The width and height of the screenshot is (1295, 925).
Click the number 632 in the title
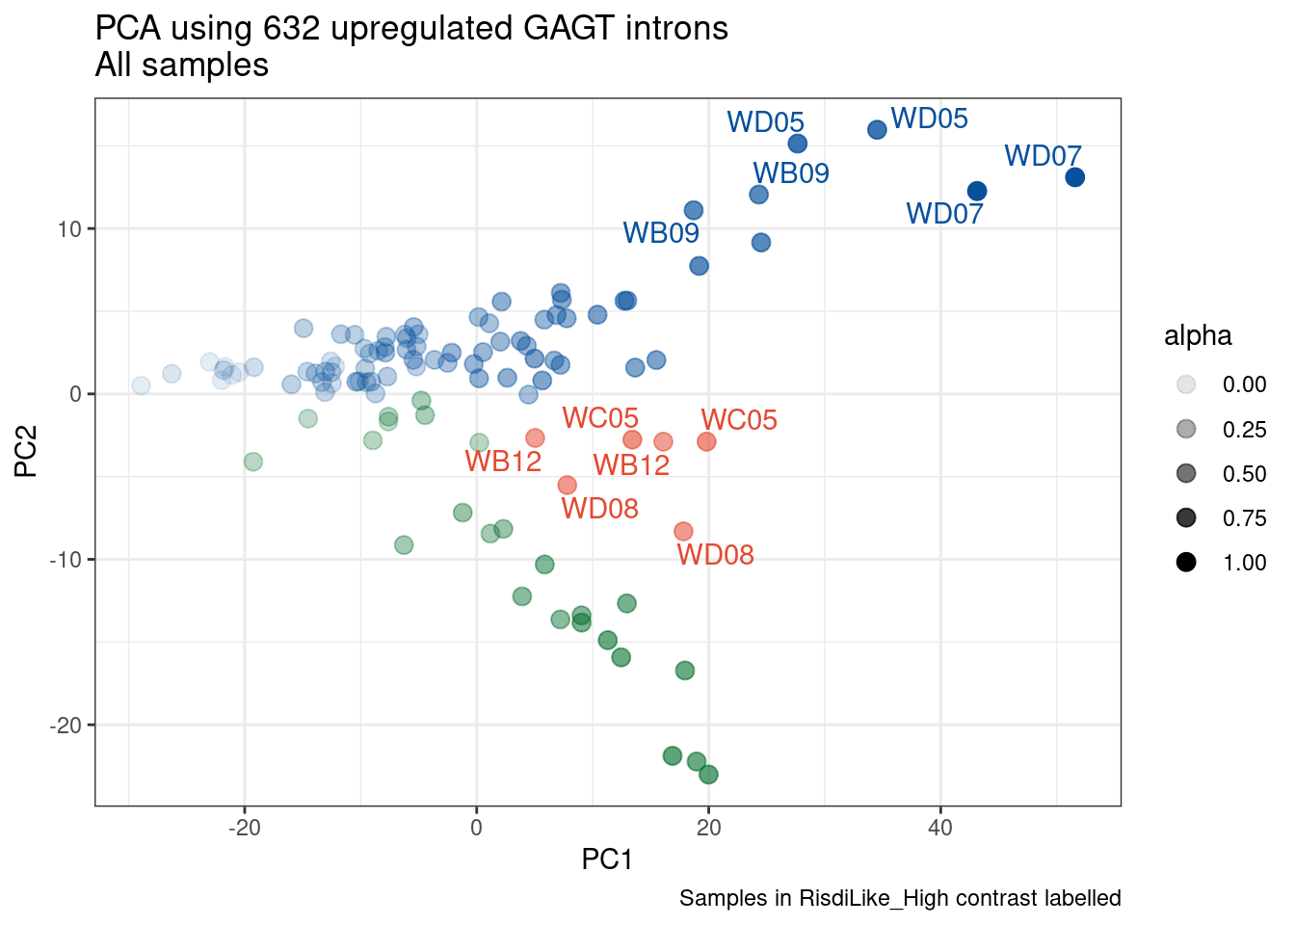point(291,28)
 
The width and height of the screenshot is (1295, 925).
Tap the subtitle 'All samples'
point(181,66)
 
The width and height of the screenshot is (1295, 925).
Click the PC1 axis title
point(607,859)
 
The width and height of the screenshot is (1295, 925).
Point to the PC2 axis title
point(26,451)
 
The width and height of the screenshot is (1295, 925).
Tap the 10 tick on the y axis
point(71,229)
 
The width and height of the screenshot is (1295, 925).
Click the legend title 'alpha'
point(1198,335)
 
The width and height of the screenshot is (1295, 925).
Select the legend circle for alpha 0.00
point(1186,384)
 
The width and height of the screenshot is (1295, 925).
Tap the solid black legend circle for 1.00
point(1186,563)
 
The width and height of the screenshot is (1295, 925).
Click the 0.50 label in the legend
point(1244,474)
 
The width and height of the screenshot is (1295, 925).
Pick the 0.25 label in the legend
point(1244,430)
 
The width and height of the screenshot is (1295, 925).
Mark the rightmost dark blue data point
point(1075,177)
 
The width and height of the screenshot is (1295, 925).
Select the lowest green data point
point(708,775)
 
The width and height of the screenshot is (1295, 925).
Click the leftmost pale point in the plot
point(141,385)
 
